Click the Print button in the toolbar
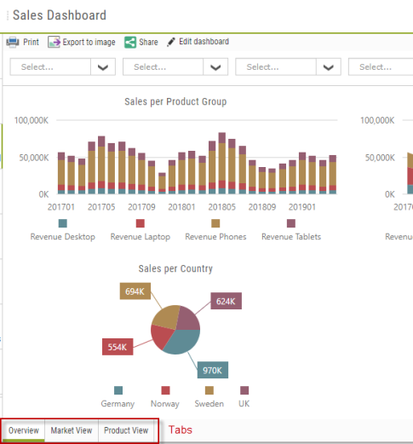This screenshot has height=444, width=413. pyautogui.click(x=23, y=42)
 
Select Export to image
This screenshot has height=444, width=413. pyautogui.click(x=82, y=42)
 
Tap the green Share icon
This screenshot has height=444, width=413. pyautogui.click(x=130, y=43)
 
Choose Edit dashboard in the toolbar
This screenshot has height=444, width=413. pyautogui.click(x=198, y=42)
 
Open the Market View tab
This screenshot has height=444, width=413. pyautogui.click(x=72, y=430)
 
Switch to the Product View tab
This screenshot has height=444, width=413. pyautogui.click(x=126, y=430)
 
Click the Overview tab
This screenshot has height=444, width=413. pyautogui.click(x=24, y=430)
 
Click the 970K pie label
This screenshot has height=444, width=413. pyautogui.click(x=213, y=370)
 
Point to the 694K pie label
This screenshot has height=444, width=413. pyautogui.click(x=135, y=291)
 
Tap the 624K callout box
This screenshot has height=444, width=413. pyautogui.click(x=226, y=301)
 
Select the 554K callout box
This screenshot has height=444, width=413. pyautogui.click(x=118, y=347)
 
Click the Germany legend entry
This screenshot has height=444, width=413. pyautogui.click(x=118, y=397)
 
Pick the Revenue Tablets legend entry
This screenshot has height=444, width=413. pyautogui.click(x=291, y=230)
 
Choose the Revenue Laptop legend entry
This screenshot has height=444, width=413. pyautogui.click(x=141, y=230)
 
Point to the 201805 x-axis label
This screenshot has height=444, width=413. pyautogui.click(x=222, y=207)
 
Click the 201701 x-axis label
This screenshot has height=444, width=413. pyautogui.click(x=61, y=207)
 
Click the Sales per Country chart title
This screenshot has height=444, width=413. pyautogui.click(x=175, y=268)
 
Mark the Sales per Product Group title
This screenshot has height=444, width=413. pyautogui.click(x=175, y=101)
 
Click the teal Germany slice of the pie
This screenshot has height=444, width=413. pyautogui.click(x=181, y=342)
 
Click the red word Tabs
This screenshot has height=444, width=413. pyautogui.click(x=181, y=430)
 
